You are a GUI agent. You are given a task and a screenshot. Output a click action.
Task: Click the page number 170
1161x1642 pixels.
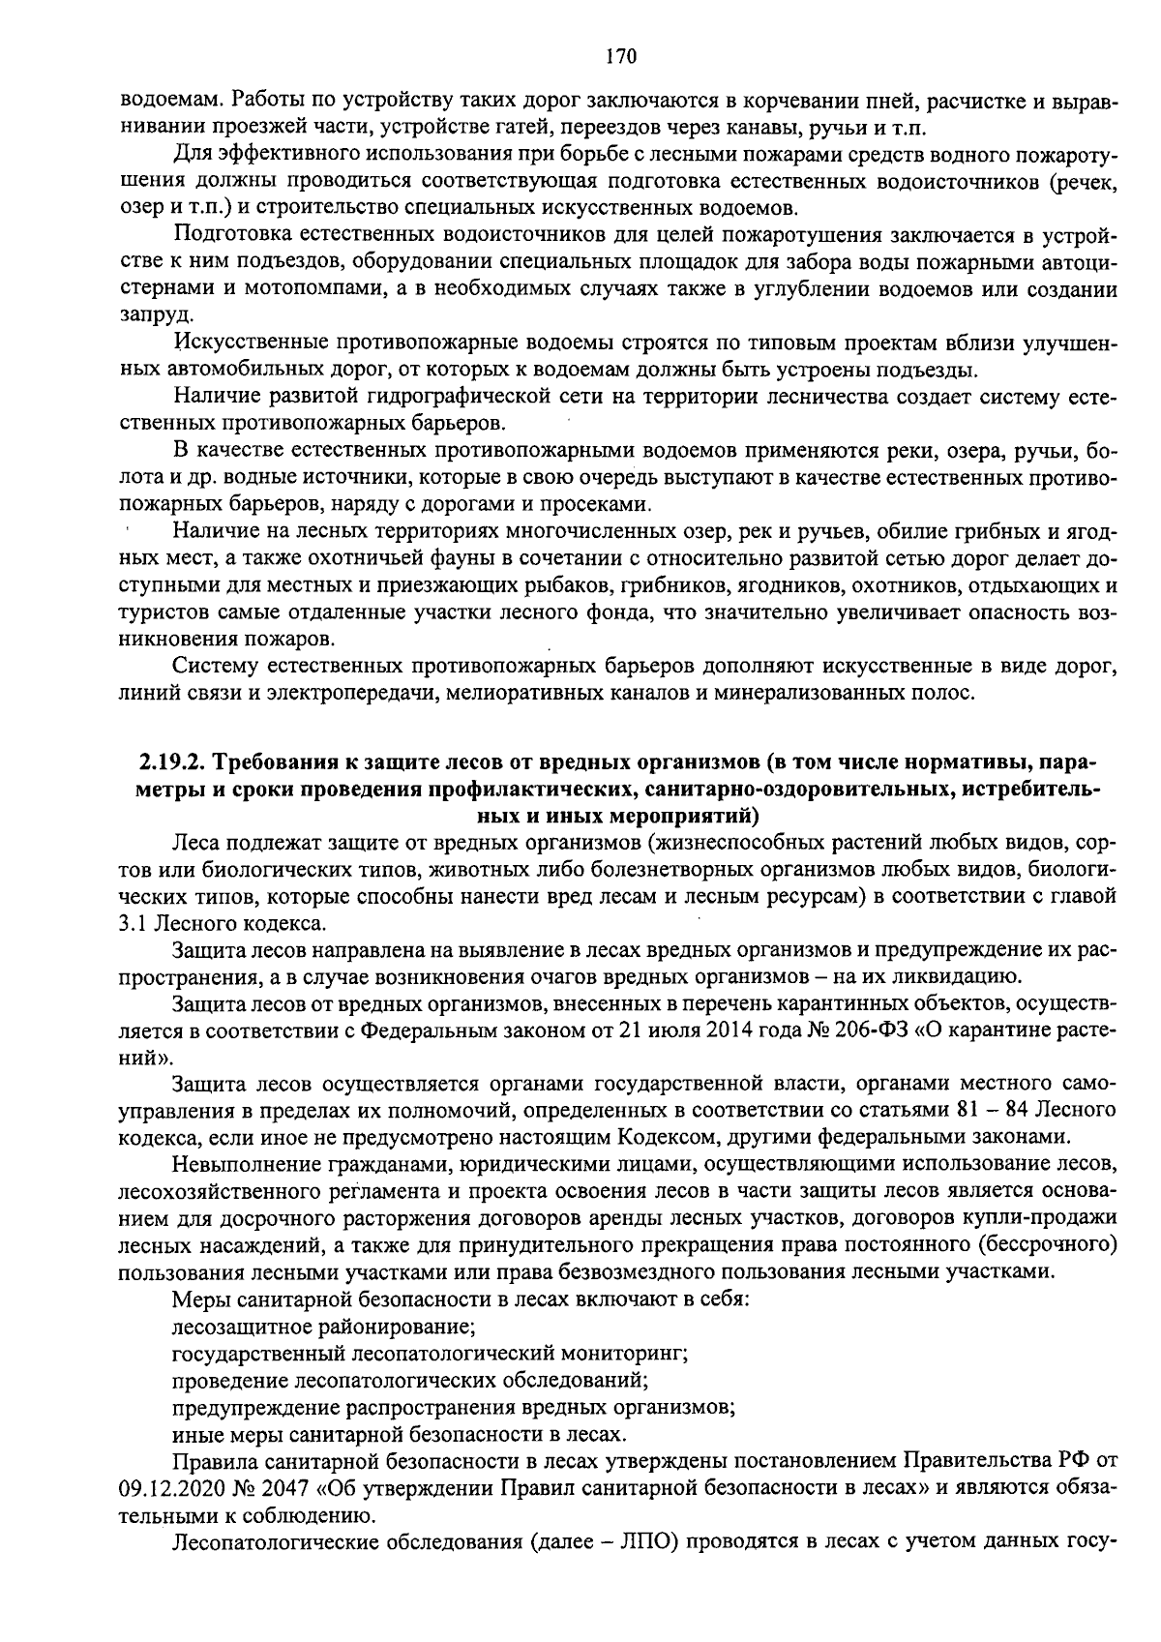tap(620, 57)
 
